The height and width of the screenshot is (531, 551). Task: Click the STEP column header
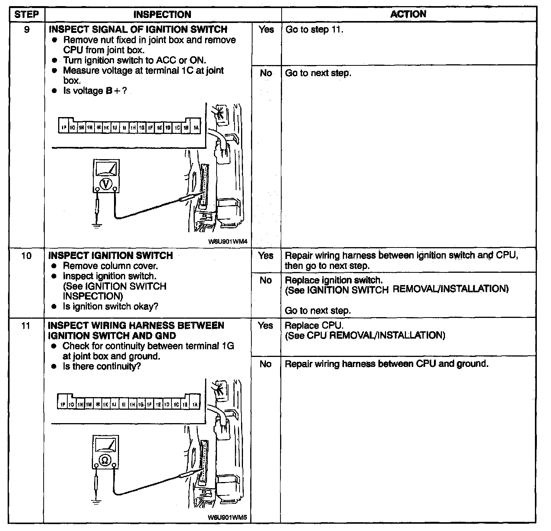pos(26,15)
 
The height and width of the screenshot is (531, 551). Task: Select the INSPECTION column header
pos(162,15)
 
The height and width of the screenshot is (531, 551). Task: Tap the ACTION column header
pos(408,14)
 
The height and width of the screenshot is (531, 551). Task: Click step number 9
pos(26,29)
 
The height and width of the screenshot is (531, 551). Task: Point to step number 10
pos(26,256)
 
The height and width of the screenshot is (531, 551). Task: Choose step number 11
pos(26,326)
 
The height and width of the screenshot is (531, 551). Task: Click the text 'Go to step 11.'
pos(314,30)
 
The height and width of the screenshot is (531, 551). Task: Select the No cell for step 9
pos(266,73)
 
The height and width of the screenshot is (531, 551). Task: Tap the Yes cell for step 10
pos(266,256)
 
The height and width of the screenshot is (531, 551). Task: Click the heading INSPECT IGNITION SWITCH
pos(111,256)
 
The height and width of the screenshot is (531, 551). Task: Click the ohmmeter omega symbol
pos(104,460)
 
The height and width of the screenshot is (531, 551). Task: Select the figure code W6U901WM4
pos(228,242)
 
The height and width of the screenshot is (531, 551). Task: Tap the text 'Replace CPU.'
pos(314,326)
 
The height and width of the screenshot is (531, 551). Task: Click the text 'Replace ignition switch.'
pos(334,280)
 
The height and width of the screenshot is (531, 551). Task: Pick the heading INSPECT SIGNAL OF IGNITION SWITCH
pos(138,29)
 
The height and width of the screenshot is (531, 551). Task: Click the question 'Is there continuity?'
pos(102,366)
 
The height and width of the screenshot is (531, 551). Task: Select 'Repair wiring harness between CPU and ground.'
pos(386,364)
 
